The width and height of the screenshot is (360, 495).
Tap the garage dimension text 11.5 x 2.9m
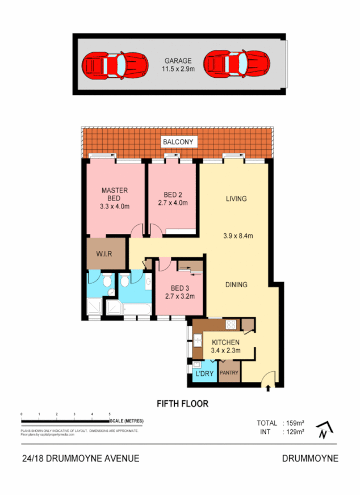tap(178, 70)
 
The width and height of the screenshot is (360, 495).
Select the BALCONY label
tap(178, 142)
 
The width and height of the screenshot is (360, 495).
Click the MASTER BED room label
tap(114, 194)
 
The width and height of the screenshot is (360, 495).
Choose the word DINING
tap(236, 284)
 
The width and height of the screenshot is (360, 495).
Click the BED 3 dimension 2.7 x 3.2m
tap(179, 296)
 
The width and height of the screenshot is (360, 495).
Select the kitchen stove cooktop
tap(232, 325)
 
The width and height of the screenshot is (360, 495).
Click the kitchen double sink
tap(197, 341)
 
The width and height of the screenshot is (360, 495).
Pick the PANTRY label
tap(229, 373)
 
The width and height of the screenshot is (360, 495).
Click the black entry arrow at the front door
tap(268, 388)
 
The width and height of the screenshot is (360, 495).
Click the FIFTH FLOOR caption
tap(182, 404)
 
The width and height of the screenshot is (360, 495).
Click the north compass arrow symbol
tap(322, 431)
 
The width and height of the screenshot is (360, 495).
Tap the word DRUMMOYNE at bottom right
tap(310, 459)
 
